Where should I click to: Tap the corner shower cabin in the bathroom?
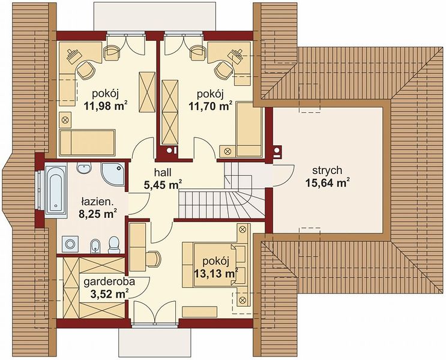(113, 175)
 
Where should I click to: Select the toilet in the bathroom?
(114, 245)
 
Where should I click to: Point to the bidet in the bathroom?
(95, 246)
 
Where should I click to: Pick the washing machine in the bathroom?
(70, 244)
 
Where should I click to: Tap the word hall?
(163, 172)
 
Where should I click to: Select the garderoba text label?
(109, 282)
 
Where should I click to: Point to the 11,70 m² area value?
(211, 106)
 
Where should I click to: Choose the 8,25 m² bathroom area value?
(98, 214)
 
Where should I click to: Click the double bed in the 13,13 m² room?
(213, 264)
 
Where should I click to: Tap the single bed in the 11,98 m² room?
(87, 143)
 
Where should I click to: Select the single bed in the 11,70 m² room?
(249, 130)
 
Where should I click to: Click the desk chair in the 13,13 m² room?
(154, 259)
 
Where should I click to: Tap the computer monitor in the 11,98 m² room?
(73, 55)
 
